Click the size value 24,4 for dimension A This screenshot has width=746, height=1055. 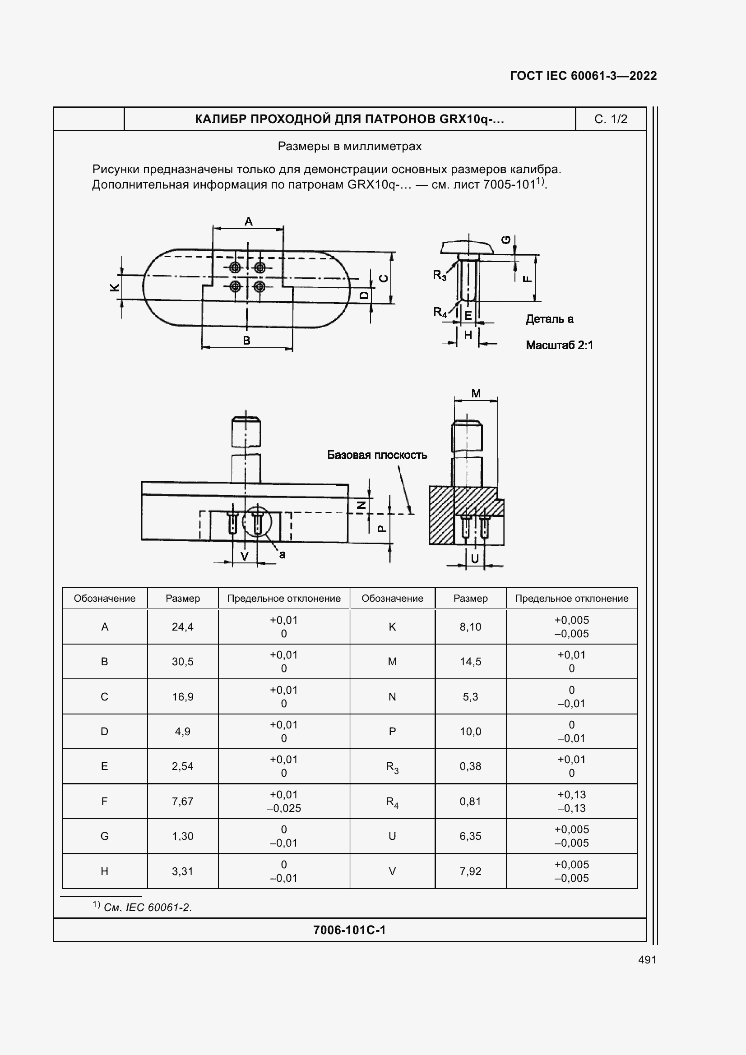182,627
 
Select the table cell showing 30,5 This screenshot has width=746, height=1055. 182,662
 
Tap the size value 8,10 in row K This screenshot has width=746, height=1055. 470,627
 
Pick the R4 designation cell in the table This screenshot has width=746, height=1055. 392,802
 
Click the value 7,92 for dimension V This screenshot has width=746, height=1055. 470,871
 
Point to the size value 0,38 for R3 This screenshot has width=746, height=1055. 470,766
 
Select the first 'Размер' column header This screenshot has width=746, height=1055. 182,598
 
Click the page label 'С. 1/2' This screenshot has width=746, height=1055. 611,119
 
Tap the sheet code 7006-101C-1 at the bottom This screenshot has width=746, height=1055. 349,930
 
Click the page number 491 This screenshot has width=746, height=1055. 647,960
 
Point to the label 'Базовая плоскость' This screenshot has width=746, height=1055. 377,455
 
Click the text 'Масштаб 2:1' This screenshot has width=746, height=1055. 559,345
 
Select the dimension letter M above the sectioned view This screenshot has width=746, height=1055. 476,393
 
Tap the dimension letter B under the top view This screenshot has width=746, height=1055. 247,341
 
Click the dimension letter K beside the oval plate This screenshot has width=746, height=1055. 115,288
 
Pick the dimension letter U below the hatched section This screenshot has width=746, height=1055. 475,558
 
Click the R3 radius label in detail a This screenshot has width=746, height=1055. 440,275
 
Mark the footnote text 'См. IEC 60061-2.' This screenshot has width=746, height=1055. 148,908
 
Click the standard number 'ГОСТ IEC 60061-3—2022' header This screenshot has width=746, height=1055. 583,76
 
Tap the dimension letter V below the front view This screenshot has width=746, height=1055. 245,557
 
